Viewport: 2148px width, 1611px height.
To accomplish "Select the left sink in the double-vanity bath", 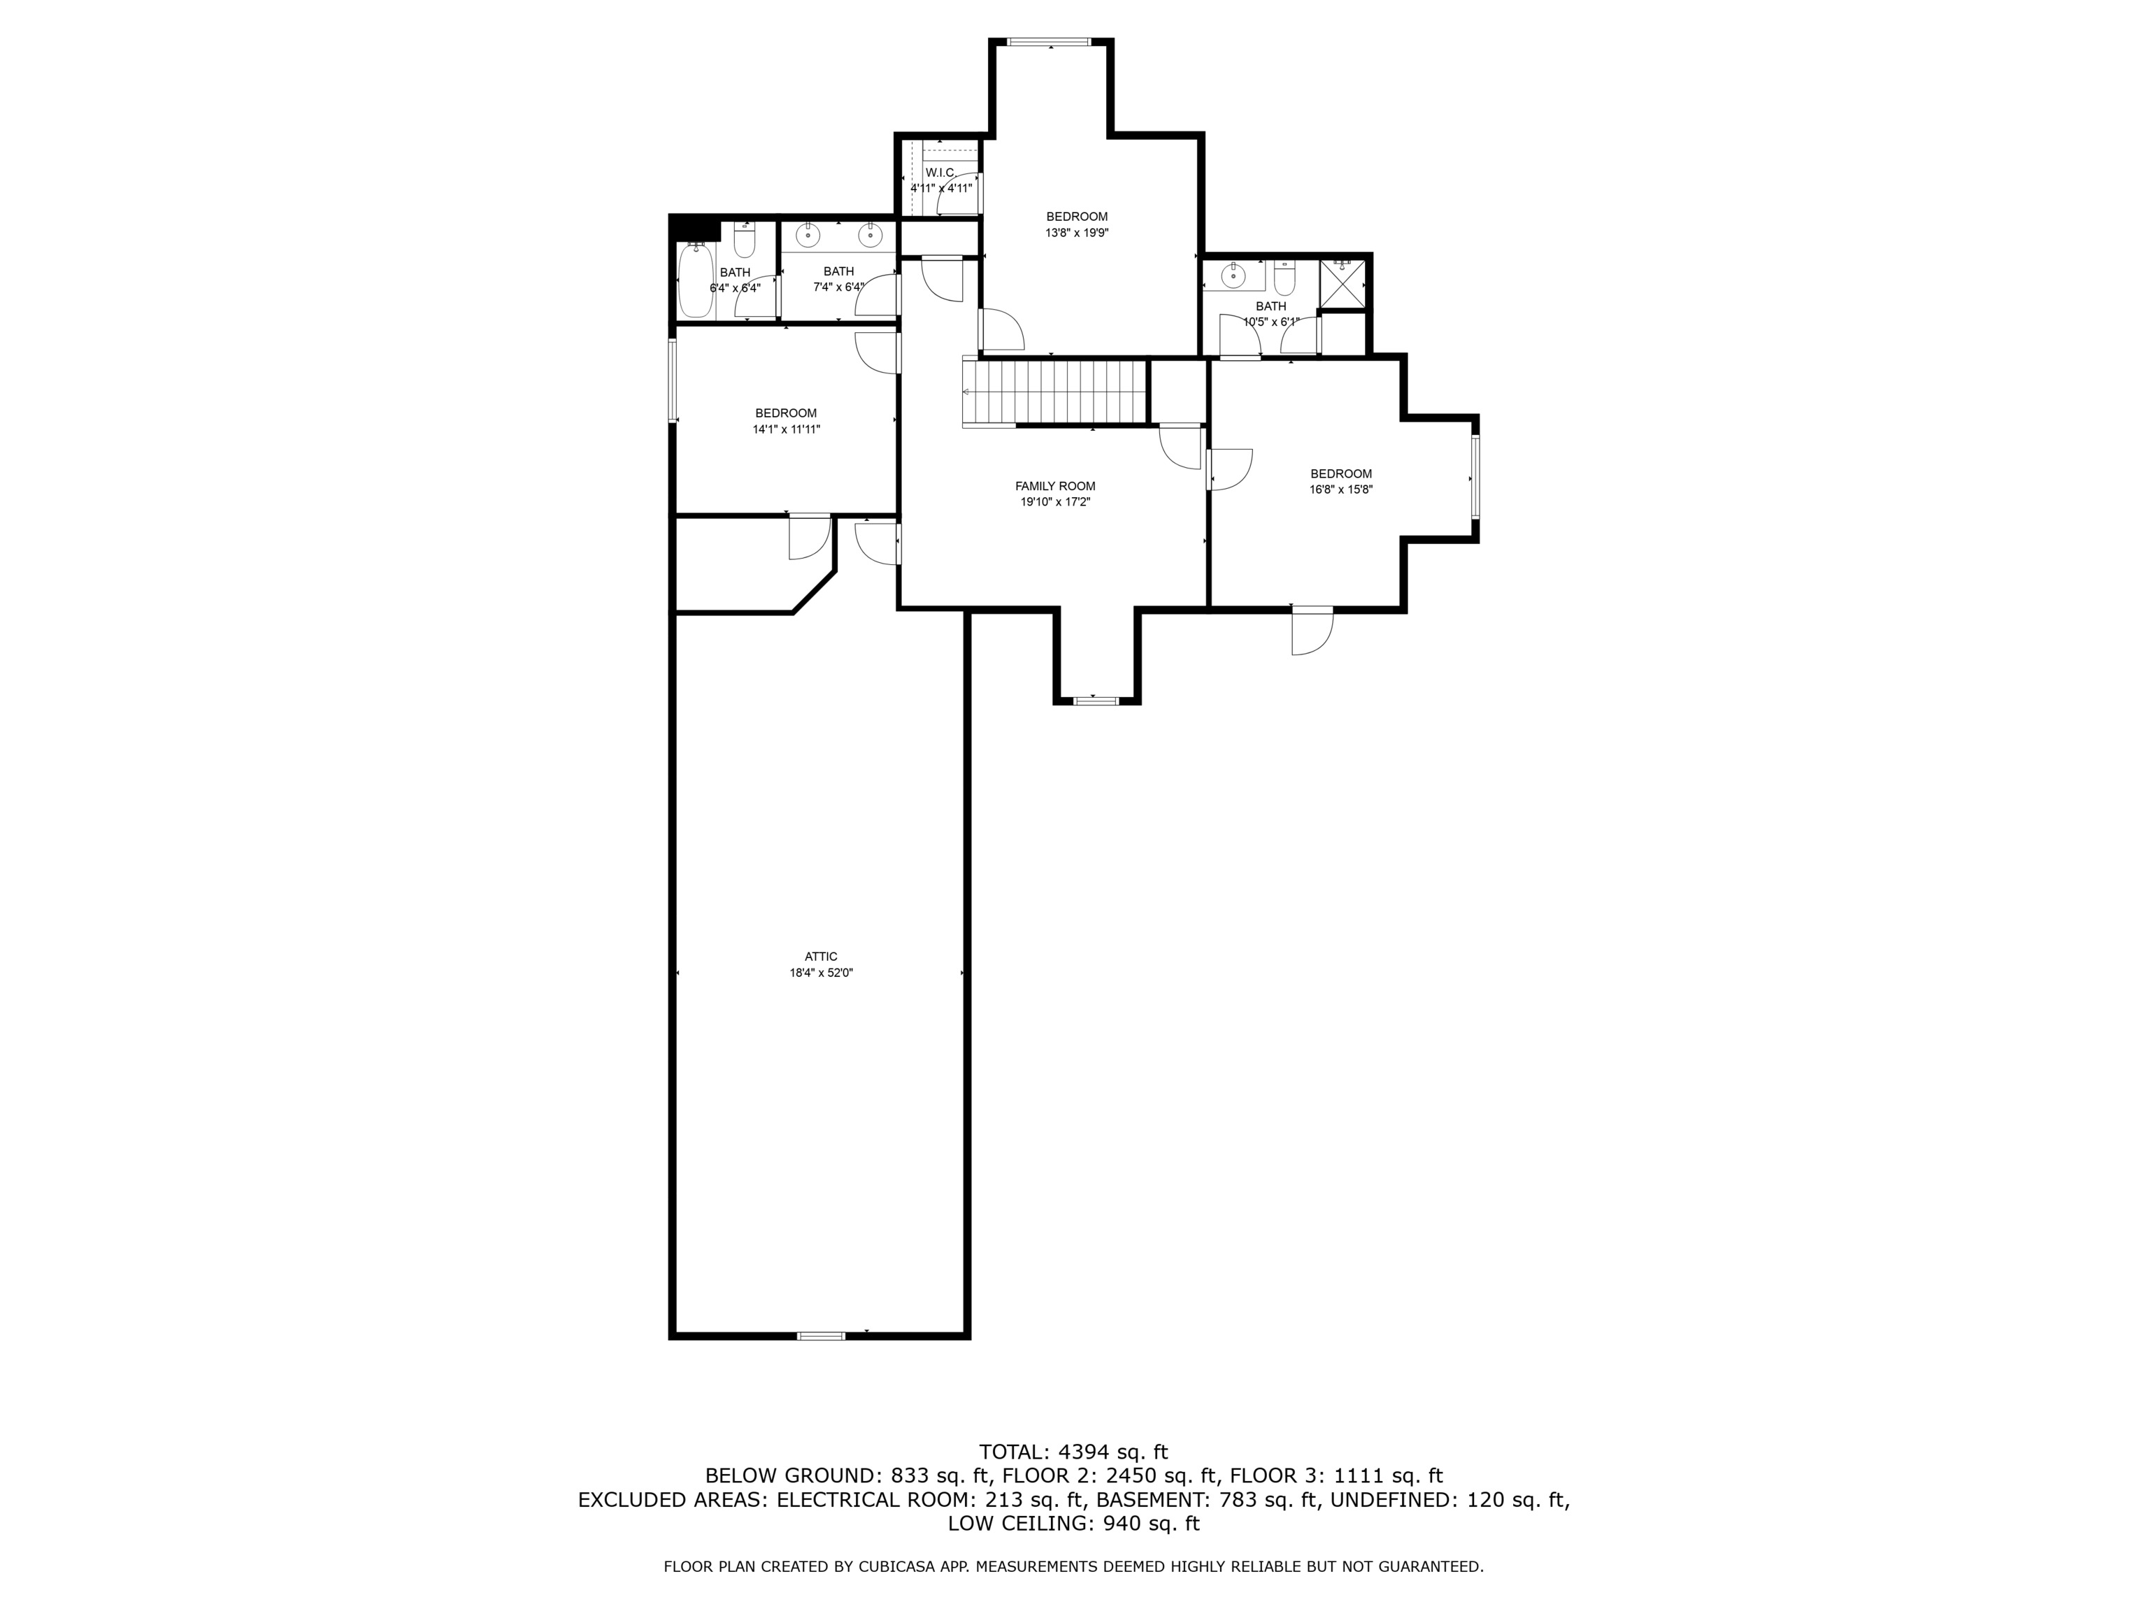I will [808, 235].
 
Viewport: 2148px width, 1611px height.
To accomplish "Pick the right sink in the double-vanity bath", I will [871, 235].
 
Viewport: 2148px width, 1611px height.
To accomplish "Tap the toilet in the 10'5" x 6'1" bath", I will [1284, 279].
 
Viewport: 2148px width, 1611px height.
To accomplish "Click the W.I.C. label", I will [940, 173].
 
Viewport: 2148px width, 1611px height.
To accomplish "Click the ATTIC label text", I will [821, 957].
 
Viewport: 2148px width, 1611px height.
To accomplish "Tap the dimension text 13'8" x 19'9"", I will [1076, 233].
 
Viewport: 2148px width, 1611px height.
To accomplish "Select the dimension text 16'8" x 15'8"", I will [1340, 490].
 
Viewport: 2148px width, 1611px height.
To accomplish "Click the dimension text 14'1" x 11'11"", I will [786, 429].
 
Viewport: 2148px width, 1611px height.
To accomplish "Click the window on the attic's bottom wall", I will [821, 1336].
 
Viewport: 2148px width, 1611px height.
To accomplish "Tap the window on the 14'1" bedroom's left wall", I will [672, 380].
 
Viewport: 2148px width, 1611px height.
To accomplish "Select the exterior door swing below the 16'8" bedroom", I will [1313, 632].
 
